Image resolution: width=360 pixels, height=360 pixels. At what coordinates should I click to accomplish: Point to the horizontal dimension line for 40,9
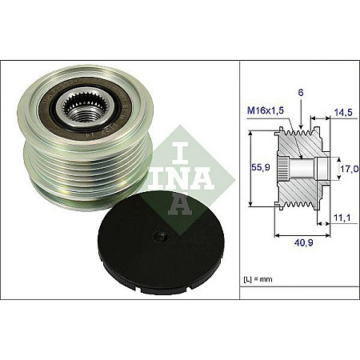coord(300,237)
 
